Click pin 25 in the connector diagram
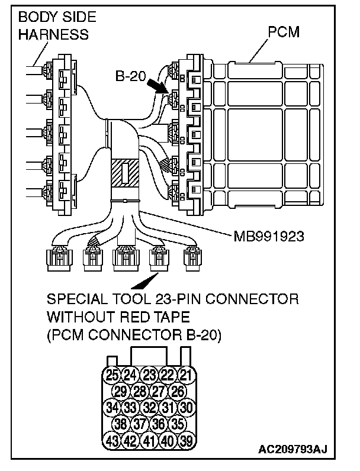click(x=112, y=374)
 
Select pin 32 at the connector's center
click(x=150, y=407)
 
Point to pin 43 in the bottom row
click(x=112, y=440)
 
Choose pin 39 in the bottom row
click(x=187, y=440)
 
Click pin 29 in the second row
click(x=121, y=391)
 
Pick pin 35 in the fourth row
click(x=177, y=424)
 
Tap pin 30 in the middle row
click(x=187, y=407)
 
